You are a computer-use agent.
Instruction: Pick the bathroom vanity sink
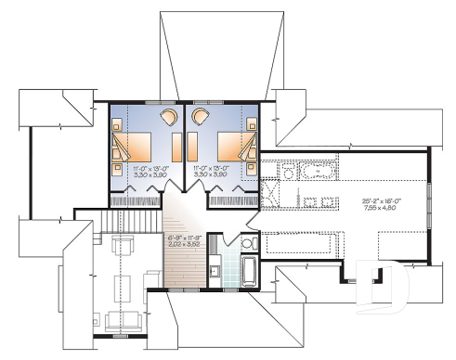[214, 270]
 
